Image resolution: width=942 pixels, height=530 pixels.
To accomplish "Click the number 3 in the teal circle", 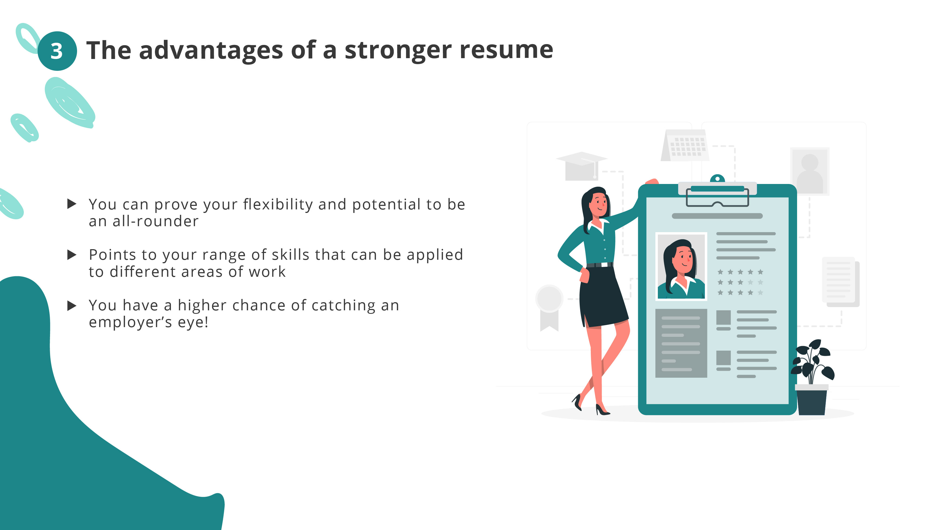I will (x=57, y=51).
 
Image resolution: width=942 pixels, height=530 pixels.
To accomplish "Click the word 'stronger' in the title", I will (x=398, y=51).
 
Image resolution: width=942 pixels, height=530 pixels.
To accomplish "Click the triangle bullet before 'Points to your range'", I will (x=72, y=255).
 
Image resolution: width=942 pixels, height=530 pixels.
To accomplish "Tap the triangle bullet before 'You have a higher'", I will (x=72, y=306).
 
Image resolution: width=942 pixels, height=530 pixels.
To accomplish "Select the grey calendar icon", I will (x=685, y=145).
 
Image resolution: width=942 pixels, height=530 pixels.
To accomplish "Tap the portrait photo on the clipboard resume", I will (x=681, y=266).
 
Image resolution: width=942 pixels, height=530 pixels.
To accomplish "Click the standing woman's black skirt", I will (x=603, y=297).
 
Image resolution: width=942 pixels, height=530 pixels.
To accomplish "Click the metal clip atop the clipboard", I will (x=718, y=194).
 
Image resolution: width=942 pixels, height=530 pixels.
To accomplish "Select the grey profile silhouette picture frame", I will (x=810, y=171).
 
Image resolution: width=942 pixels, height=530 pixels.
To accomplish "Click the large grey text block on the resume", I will (x=681, y=343).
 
